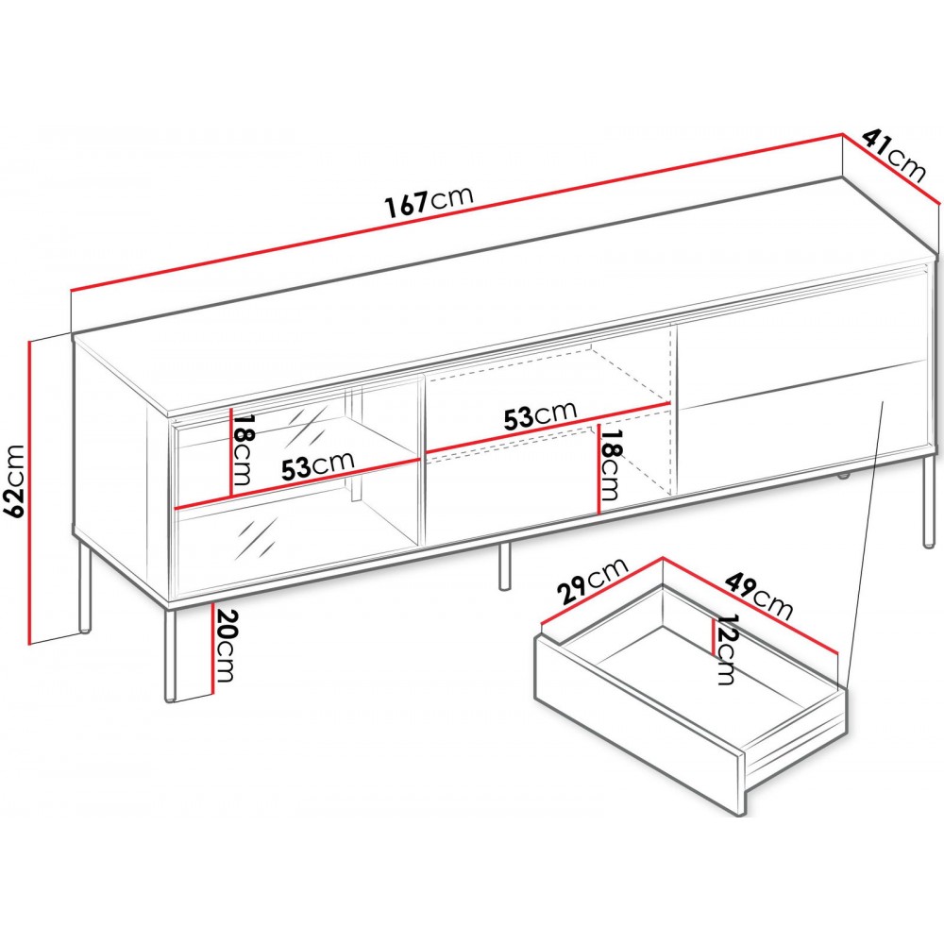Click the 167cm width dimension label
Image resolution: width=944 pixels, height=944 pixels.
pyautogui.click(x=430, y=200)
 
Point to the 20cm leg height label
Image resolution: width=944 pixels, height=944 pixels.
pyautogui.click(x=224, y=646)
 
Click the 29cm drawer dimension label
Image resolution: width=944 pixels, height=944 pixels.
pyautogui.click(x=593, y=580)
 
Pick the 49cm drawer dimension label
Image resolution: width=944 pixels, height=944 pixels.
pyautogui.click(x=759, y=595)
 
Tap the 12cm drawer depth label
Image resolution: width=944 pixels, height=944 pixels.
pyautogui.click(x=726, y=649)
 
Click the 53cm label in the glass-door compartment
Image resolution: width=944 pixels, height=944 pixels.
pyautogui.click(x=317, y=464)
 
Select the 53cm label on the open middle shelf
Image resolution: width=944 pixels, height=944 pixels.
pyautogui.click(x=540, y=414)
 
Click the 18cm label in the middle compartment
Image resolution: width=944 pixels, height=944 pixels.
pyautogui.click(x=609, y=465)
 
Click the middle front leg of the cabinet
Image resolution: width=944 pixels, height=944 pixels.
pyautogui.click(x=504, y=565)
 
